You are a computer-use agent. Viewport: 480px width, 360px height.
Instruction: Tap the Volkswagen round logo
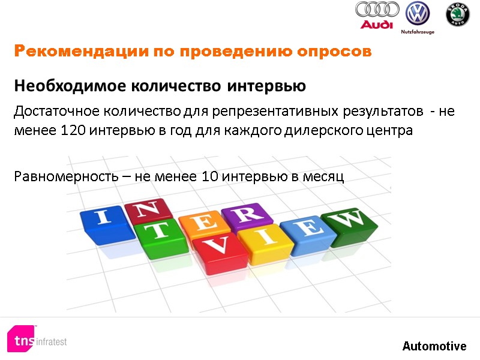(x=418, y=13)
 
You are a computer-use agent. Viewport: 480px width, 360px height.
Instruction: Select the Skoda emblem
(x=457, y=14)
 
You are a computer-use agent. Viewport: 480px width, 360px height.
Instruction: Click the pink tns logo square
(x=22, y=339)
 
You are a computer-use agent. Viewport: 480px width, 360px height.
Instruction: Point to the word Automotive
(x=434, y=346)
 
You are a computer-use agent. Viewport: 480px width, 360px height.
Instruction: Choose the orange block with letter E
(x=202, y=223)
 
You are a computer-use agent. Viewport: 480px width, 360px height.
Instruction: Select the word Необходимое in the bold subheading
(x=62, y=86)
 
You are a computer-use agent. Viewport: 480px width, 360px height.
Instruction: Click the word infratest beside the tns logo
(x=52, y=341)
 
